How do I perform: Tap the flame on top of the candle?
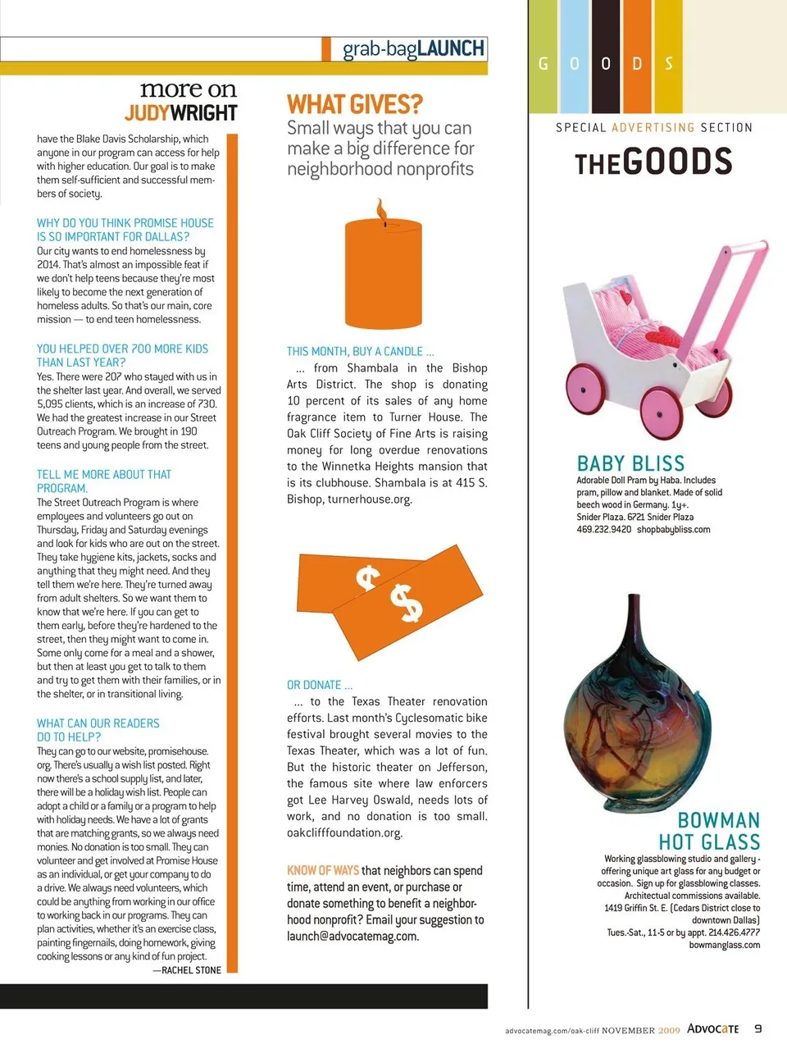tap(380, 210)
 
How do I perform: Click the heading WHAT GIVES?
tap(354, 105)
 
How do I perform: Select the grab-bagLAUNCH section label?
tap(413, 49)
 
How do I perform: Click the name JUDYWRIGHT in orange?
tap(181, 113)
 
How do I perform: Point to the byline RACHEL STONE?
tap(191, 970)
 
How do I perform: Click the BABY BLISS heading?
tap(630, 463)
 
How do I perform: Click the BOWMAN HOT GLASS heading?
tap(709, 831)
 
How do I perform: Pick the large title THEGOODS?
tap(653, 162)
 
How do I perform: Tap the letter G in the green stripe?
tap(543, 64)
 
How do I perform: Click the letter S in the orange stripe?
tap(669, 64)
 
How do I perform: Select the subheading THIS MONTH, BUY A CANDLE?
tap(361, 351)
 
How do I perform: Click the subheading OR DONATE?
tap(320, 685)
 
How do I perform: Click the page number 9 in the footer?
tap(758, 1028)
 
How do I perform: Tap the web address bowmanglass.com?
tap(725, 945)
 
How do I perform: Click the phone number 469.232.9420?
tap(604, 530)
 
